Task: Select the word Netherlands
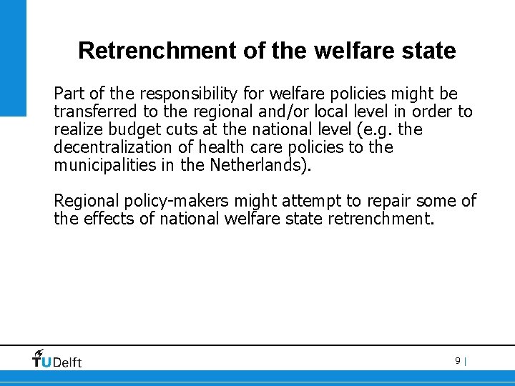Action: click(x=260, y=166)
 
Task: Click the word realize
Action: click(x=78, y=130)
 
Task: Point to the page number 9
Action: click(x=457, y=361)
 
